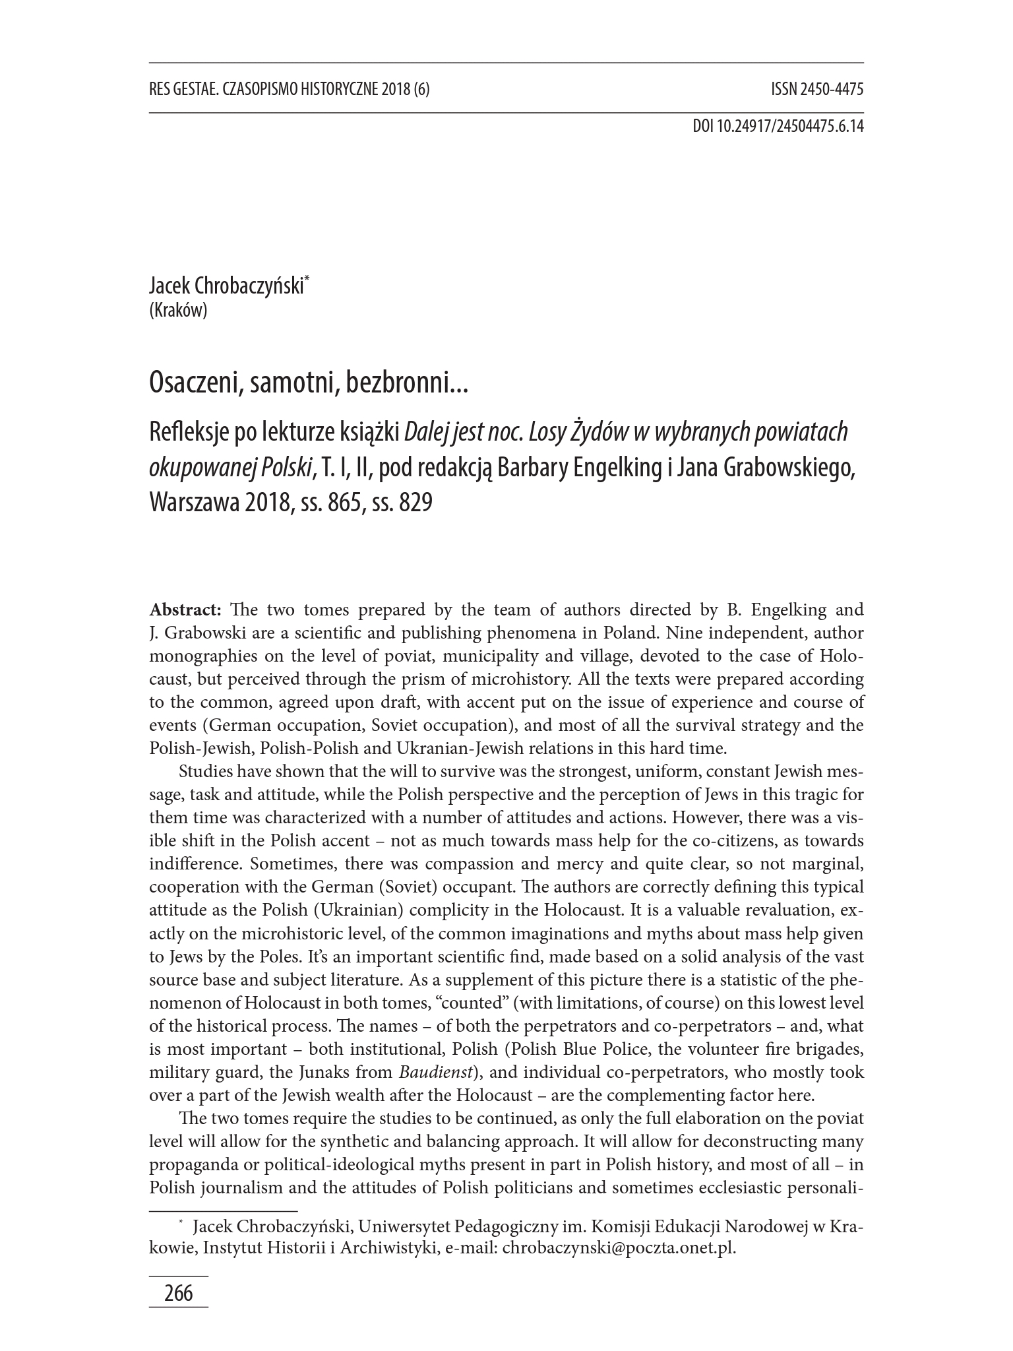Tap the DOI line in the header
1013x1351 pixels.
(x=778, y=126)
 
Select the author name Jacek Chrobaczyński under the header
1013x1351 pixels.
(x=227, y=287)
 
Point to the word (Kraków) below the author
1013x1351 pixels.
(x=178, y=310)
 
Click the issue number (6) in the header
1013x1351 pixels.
(x=421, y=90)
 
